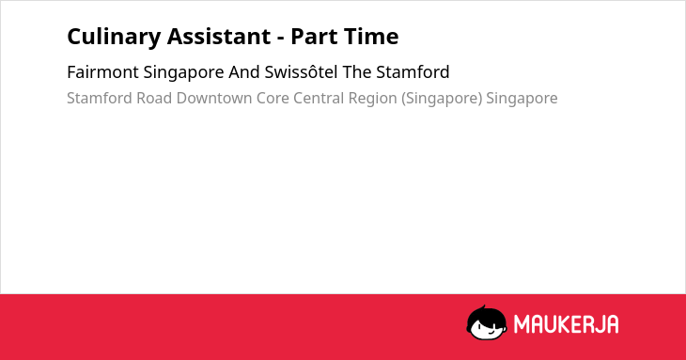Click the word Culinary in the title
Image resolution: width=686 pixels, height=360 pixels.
click(115, 38)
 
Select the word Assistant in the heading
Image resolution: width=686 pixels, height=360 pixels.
click(219, 37)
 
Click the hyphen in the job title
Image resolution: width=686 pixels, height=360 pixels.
click(280, 39)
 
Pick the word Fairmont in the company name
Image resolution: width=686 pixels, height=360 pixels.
click(102, 72)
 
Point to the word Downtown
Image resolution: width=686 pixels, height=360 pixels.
click(214, 99)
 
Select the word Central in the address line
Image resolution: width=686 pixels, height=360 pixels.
click(319, 99)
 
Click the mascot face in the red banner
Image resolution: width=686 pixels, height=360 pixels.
click(487, 323)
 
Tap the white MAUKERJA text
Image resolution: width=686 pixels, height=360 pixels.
click(566, 324)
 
